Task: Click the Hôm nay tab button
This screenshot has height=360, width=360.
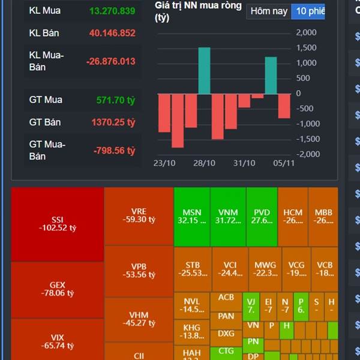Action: (x=268, y=11)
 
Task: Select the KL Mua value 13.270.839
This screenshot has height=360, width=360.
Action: (x=112, y=11)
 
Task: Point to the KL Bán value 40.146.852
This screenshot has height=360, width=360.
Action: (x=112, y=33)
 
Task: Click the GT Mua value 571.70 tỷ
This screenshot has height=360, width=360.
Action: (x=116, y=100)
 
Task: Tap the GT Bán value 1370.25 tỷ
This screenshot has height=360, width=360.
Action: (x=113, y=122)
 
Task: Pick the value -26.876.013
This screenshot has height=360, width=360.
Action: (x=110, y=61)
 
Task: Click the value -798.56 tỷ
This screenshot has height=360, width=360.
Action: (x=114, y=151)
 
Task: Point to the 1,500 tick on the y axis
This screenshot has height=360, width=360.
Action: (x=307, y=47)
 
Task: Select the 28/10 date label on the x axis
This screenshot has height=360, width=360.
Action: (x=204, y=163)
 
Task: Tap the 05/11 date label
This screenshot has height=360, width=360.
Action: (x=284, y=163)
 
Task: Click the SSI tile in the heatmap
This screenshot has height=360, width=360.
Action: (x=58, y=224)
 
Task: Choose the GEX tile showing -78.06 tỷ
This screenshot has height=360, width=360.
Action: (x=58, y=289)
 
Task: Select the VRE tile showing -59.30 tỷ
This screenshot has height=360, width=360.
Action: (x=139, y=215)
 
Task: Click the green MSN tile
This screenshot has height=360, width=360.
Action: (x=192, y=217)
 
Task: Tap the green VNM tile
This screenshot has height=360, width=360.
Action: (x=228, y=217)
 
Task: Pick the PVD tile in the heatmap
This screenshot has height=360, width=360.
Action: (x=262, y=217)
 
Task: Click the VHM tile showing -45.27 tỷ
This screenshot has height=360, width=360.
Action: (x=139, y=319)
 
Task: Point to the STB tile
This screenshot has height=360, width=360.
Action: (x=192, y=269)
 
